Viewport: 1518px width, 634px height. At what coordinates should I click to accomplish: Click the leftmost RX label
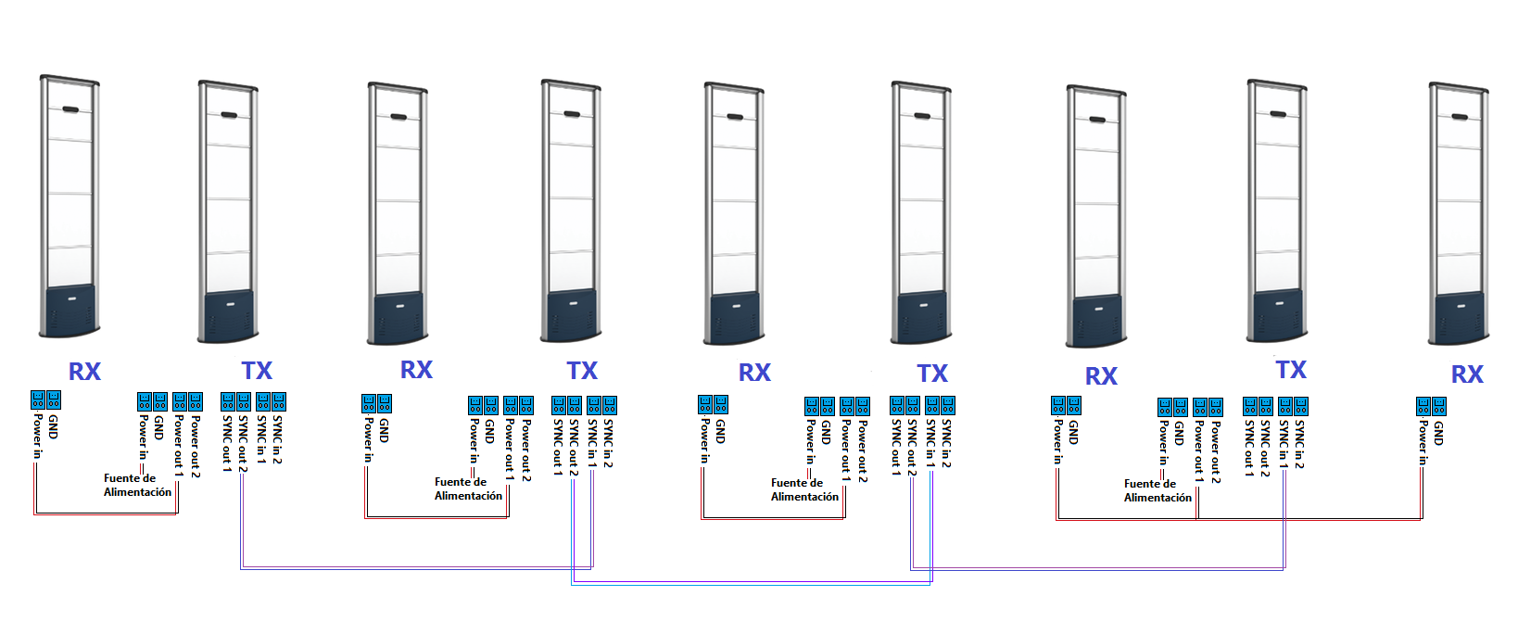tap(84, 372)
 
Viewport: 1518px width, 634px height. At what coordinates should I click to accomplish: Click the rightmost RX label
tap(1467, 374)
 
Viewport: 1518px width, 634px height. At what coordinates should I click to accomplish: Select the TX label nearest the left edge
tap(257, 371)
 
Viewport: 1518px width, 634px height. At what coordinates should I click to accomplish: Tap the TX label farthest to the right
tap(1291, 370)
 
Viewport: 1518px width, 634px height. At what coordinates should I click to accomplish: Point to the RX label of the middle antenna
tap(754, 373)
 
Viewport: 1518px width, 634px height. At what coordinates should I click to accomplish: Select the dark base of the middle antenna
tap(735, 318)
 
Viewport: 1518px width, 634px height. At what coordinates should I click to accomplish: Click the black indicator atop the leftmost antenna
tap(71, 109)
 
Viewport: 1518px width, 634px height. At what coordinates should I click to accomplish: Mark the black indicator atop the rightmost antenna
tap(1461, 118)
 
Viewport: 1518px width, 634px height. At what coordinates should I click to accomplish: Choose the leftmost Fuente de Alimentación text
tap(137, 486)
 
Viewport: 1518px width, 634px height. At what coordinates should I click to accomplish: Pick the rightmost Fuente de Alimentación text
tap(1157, 491)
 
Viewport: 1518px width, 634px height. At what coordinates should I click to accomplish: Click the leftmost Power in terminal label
tap(37, 436)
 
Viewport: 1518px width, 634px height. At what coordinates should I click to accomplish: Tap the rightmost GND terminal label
tap(1438, 433)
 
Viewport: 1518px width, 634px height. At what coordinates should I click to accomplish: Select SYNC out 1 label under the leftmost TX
tap(227, 444)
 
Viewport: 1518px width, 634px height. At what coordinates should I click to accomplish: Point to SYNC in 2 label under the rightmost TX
tap(1300, 444)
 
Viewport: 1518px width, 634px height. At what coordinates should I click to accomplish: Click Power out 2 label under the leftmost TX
tap(196, 446)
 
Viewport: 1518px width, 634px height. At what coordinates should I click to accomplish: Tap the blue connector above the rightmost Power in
tap(1423, 406)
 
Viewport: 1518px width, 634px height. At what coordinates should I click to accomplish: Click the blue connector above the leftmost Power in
tap(38, 399)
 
